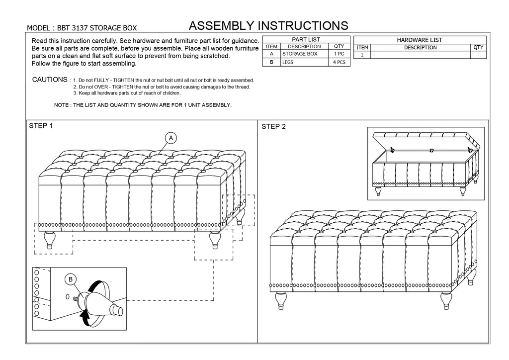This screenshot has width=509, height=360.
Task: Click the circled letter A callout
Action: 171,138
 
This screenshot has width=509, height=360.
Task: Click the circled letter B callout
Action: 71,279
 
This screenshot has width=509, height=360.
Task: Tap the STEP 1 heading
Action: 41,126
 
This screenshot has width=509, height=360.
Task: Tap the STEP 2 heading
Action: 274,127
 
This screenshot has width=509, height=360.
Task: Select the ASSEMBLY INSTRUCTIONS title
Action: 268,26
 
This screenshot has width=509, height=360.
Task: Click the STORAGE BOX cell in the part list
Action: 300,54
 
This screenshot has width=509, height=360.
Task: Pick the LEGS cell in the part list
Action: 288,62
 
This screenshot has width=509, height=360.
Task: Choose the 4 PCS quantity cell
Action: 339,62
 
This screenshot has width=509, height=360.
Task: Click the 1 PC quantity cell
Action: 339,54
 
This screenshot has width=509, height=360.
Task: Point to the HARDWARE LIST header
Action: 420,40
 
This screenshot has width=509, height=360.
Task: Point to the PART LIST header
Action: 306,39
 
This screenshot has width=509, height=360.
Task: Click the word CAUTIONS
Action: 50,80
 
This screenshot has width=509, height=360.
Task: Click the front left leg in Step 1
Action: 50,240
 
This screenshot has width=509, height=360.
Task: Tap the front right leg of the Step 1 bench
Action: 215,240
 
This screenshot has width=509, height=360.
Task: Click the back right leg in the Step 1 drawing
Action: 239,216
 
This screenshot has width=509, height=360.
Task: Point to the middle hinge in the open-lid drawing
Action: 431,150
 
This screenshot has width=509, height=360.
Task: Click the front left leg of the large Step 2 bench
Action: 281,300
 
